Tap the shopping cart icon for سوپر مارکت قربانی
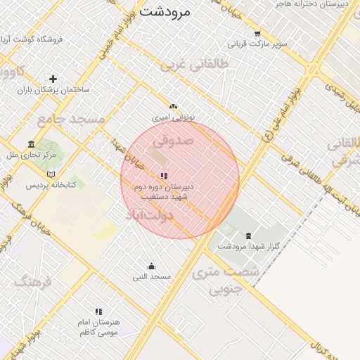(257, 33)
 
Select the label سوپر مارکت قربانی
(262, 44)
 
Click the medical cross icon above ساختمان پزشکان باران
(53, 79)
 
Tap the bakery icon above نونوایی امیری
(174, 106)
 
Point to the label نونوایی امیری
(174, 117)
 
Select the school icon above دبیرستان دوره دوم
(164, 176)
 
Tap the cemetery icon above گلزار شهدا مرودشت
(247, 235)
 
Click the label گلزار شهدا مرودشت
(248, 246)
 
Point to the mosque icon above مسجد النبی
(151, 266)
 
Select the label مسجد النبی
(152, 277)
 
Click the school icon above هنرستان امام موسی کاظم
(98, 311)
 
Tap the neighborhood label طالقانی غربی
(195, 65)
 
